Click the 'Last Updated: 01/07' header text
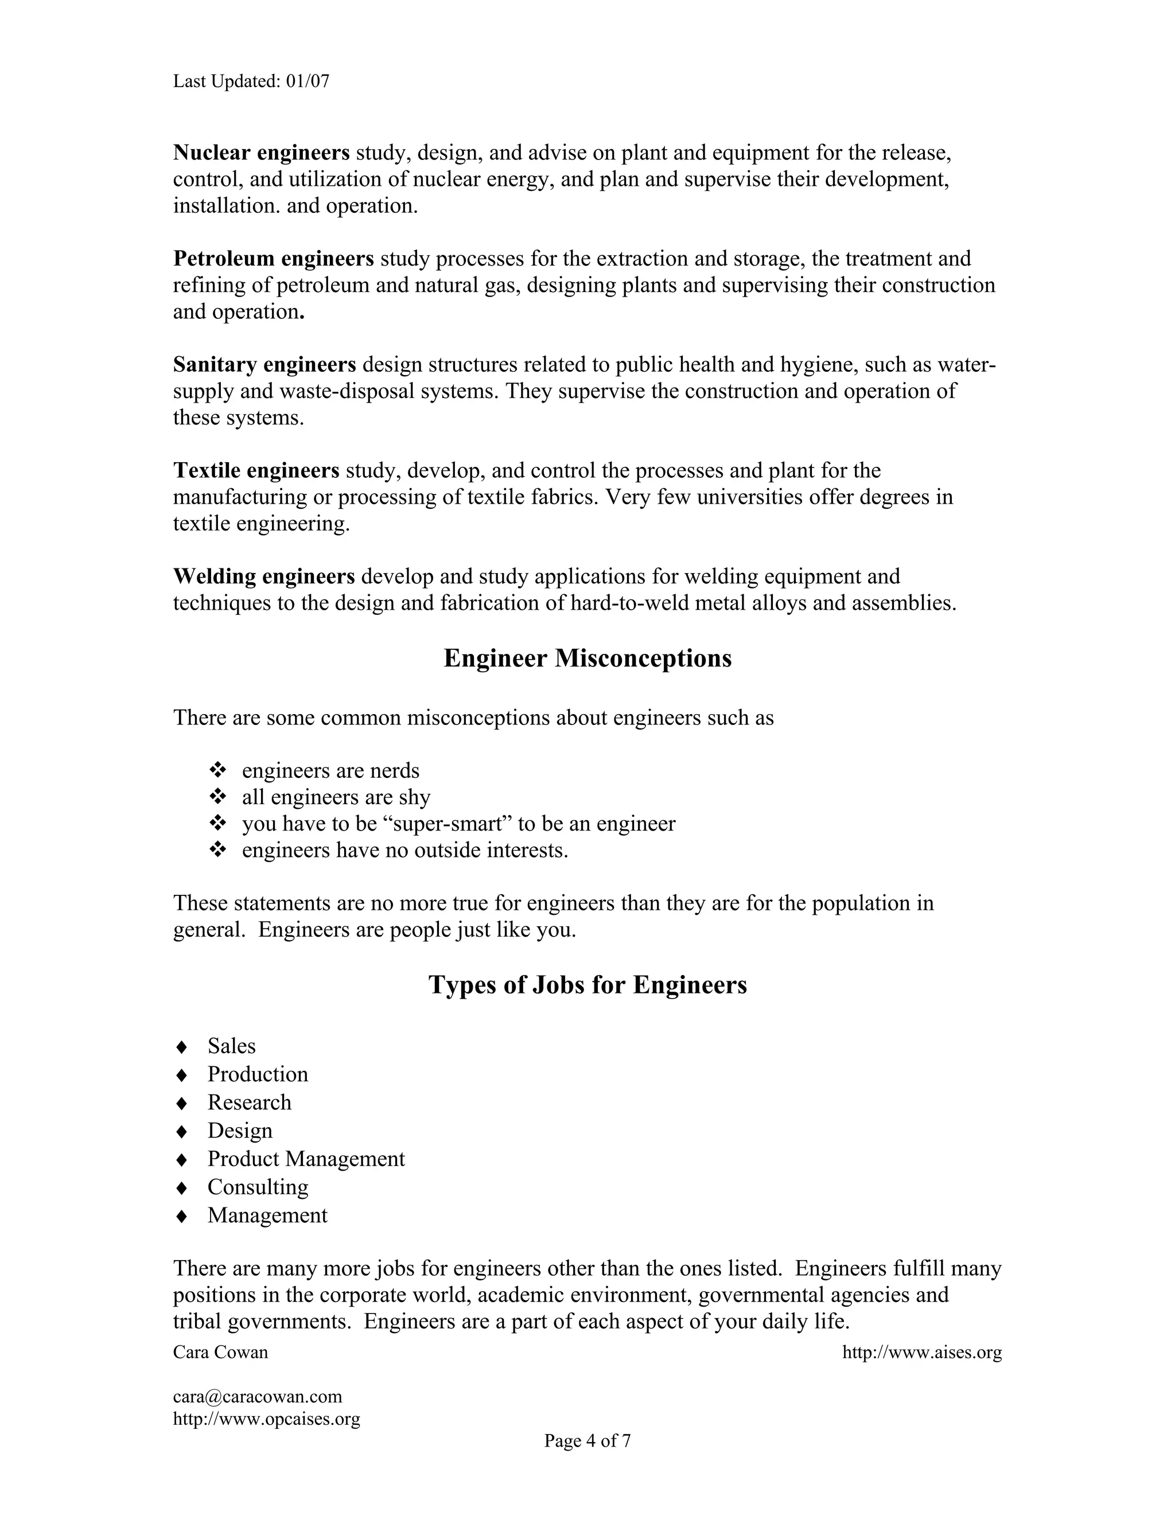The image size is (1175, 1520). pyautogui.click(x=251, y=81)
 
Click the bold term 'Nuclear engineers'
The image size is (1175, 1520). pyautogui.click(x=261, y=153)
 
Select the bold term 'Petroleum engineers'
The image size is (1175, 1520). pyautogui.click(x=274, y=259)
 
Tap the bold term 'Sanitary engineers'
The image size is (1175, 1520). pyautogui.click(x=264, y=365)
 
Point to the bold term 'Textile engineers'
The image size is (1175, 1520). pyautogui.click(x=256, y=470)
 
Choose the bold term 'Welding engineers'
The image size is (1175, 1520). pyautogui.click(x=264, y=576)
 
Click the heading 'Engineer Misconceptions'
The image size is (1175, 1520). pyautogui.click(x=587, y=658)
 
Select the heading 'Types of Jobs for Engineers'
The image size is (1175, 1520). pyautogui.click(x=587, y=985)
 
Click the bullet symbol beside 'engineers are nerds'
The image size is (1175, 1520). pyautogui.click(x=218, y=770)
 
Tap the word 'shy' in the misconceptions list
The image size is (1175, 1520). pyautogui.click(x=415, y=798)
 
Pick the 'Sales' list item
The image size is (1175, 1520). pyautogui.click(x=231, y=1046)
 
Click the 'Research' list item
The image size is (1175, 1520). pyautogui.click(x=249, y=1102)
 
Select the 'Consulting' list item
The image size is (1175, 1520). pyautogui.click(x=258, y=1187)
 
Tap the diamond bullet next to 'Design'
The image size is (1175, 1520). pyautogui.click(x=182, y=1132)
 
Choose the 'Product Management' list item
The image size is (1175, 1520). pyautogui.click(x=306, y=1159)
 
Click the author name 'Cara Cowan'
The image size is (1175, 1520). pyautogui.click(x=221, y=1353)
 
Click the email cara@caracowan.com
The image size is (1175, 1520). pyautogui.click(x=258, y=1397)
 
